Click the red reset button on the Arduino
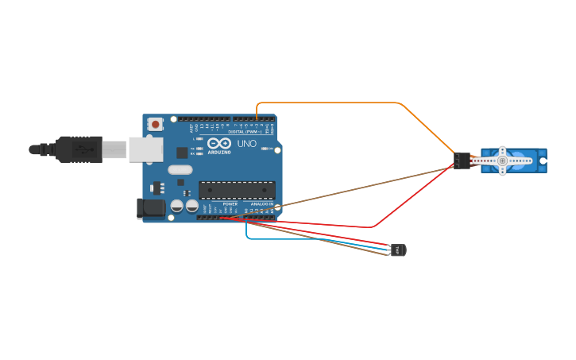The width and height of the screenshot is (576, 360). tap(156, 124)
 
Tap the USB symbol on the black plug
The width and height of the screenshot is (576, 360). tap(80, 149)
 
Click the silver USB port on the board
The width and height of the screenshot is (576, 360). tap(145, 149)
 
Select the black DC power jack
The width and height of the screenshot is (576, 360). tap(151, 209)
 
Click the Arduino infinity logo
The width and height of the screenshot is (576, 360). tap(218, 144)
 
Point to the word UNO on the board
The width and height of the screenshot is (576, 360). tap(247, 144)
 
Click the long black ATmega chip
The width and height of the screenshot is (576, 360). tap(237, 190)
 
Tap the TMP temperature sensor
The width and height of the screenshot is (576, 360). tap(398, 250)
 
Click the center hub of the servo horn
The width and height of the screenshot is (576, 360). tap(502, 161)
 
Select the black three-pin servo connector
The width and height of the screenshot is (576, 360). tap(462, 161)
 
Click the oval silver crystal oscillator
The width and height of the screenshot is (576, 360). tap(180, 169)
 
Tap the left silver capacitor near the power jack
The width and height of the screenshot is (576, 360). tap(177, 206)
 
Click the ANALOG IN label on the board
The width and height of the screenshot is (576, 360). tap(262, 204)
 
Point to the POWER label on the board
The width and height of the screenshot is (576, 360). tap(230, 204)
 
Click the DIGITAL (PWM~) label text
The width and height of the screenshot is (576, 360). tap(247, 131)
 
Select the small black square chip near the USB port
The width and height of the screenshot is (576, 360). tap(182, 153)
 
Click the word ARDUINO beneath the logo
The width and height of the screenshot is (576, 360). tap(220, 152)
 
